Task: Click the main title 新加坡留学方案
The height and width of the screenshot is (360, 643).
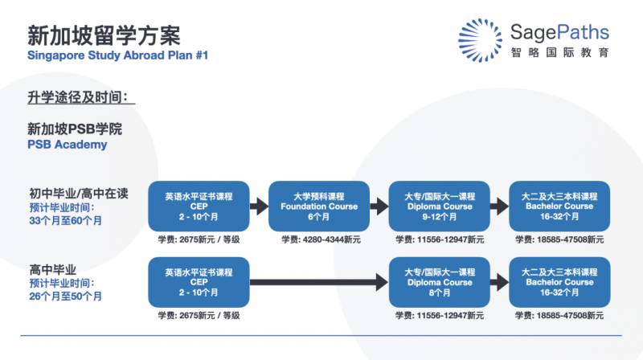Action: [x=104, y=35]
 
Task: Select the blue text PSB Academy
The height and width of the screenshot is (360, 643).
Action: [x=68, y=145]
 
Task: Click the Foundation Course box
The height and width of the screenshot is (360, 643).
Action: [x=318, y=207]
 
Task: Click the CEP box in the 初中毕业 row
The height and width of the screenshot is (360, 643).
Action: [x=199, y=207]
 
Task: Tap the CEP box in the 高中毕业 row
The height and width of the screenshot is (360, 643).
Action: [x=199, y=282]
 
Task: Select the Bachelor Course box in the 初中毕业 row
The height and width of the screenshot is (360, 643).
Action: [x=560, y=207]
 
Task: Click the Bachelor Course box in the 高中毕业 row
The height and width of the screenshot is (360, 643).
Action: [x=560, y=282]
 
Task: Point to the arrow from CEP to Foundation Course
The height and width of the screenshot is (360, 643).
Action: [x=258, y=207]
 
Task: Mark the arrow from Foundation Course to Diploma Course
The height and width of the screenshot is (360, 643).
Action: [x=379, y=207]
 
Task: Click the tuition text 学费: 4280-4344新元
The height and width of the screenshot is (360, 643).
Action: [x=318, y=239]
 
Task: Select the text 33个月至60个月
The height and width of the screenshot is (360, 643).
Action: [x=66, y=219]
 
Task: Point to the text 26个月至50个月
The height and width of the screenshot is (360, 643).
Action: [x=66, y=296]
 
